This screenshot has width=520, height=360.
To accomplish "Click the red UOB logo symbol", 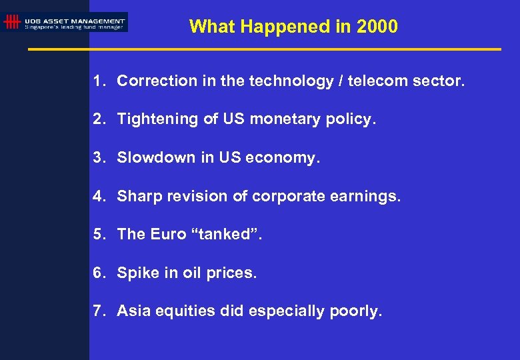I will point(11,22).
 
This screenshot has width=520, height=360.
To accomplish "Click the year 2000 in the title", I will point(377,27).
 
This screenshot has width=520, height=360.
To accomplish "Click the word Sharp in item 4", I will point(137,197).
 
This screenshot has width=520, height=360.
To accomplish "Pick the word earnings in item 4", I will point(368,197).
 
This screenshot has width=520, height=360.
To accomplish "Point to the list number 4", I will point(98,197).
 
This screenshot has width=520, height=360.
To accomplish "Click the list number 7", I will point(98,311).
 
